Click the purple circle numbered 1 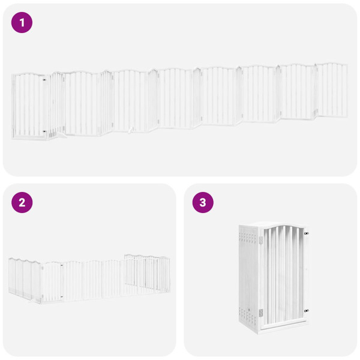(x=22, y=23)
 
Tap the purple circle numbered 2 (x=22, y=202)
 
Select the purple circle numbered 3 (x=203, y=202)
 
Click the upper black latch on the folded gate (x=306, y=233)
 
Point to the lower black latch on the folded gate (x=306, y=311)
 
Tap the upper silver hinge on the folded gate (x=261, y=240)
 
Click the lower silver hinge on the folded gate (x=261, y=313)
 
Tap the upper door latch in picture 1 (x=44, y=79)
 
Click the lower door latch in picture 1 (x=44, y=131)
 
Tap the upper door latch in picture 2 (x=61, y=264)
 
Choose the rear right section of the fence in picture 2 (x=148, y=273)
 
